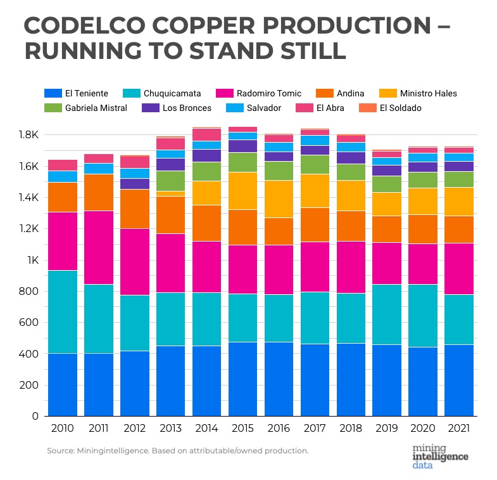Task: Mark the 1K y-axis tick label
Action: (32, 260)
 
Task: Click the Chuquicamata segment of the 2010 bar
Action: (62, 312)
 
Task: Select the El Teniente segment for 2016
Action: (279, 379)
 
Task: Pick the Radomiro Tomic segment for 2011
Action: (98, 247)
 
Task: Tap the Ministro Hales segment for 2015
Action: (243, 190)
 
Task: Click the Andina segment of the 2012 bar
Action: (134, 209)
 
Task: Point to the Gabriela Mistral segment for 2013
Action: (170, 181)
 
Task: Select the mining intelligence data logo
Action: (440, 456)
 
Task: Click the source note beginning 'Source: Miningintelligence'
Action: (177, 451)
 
